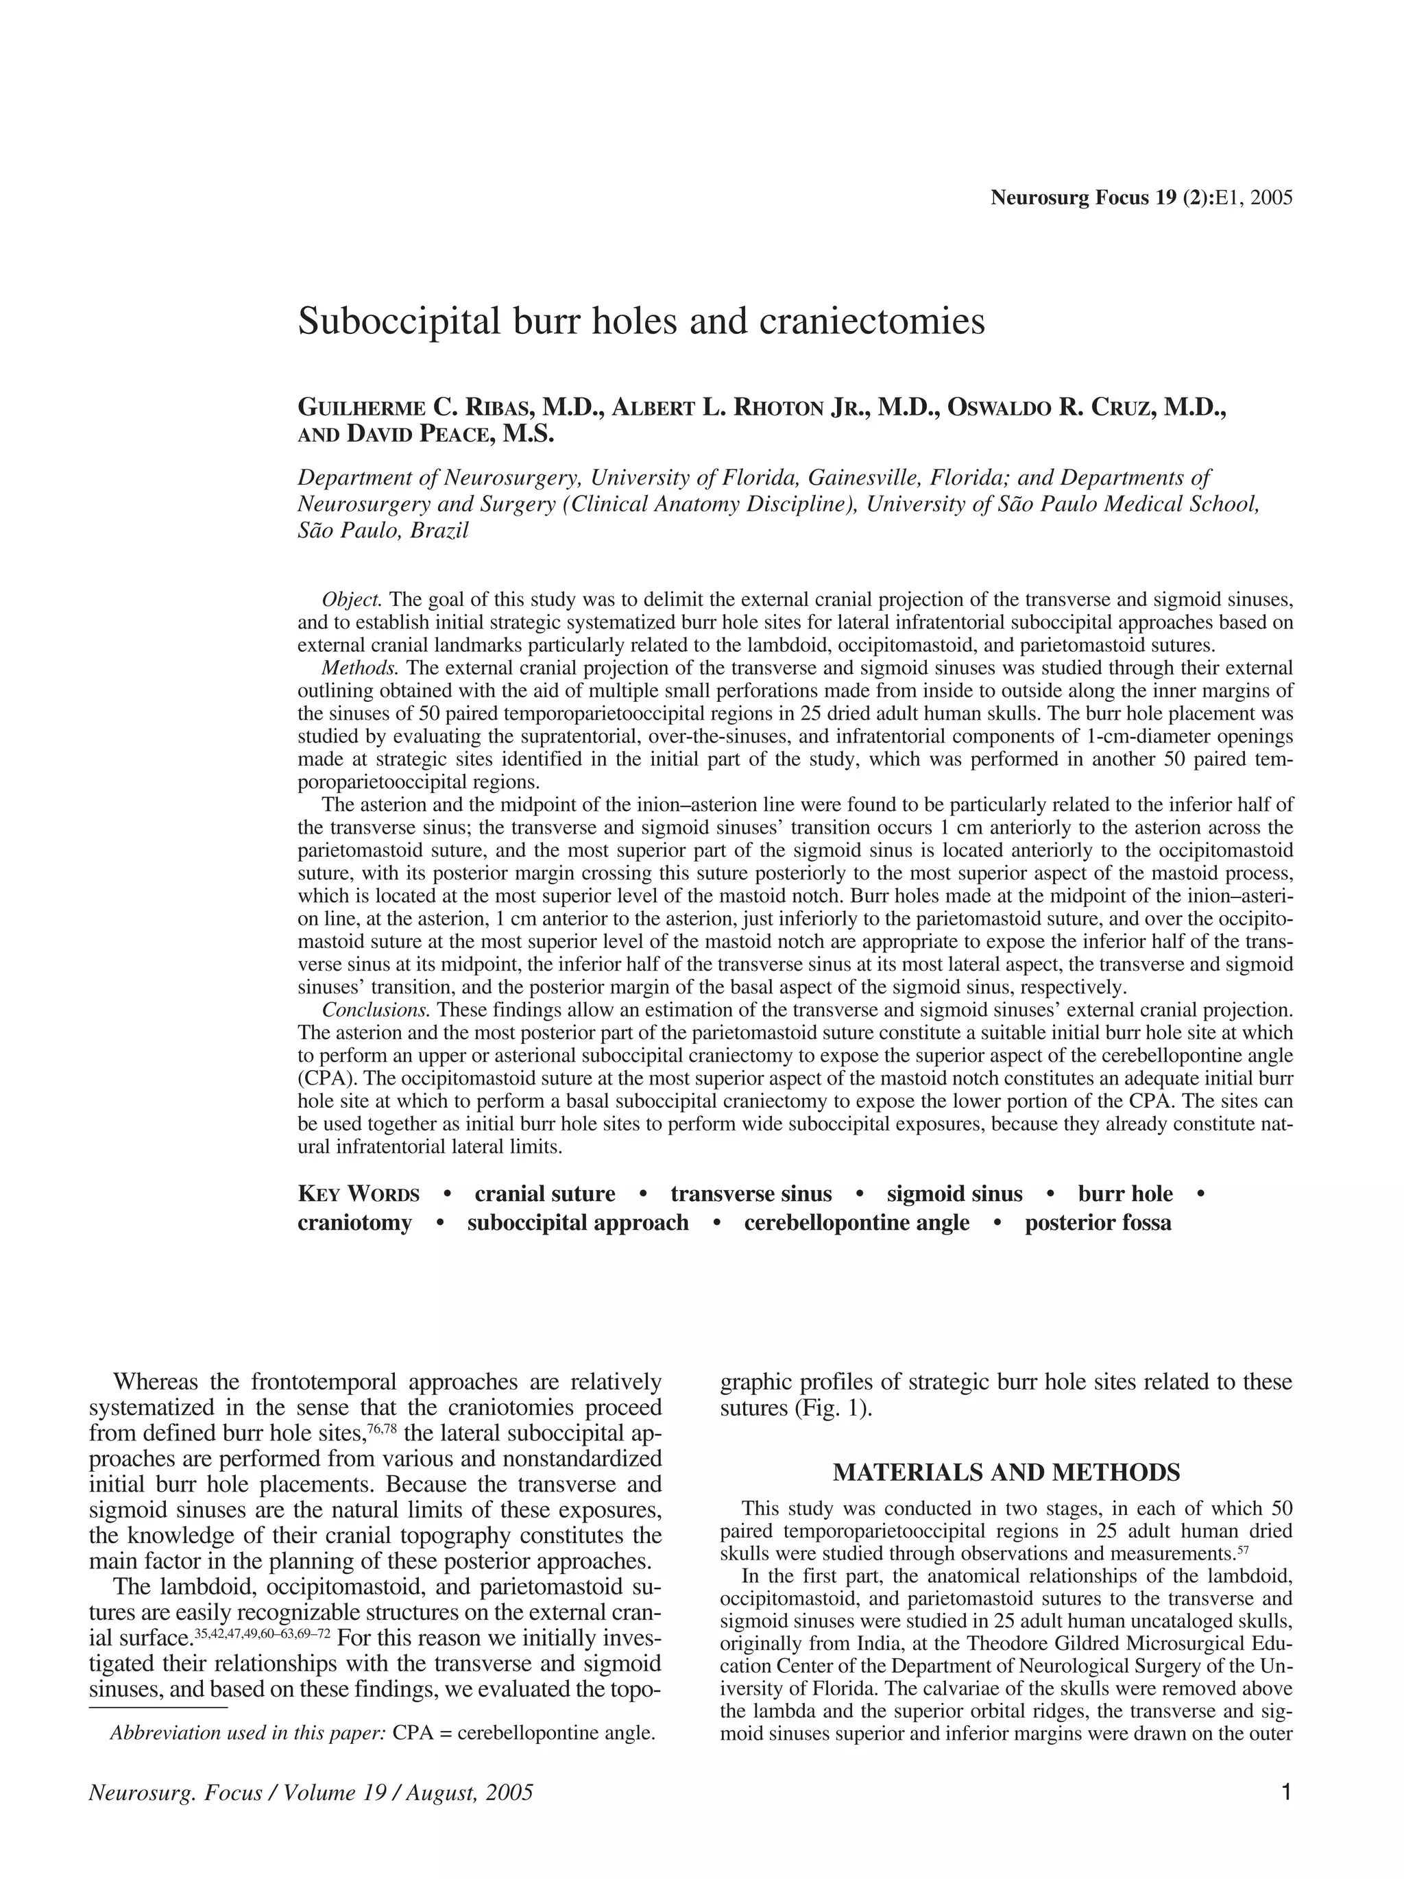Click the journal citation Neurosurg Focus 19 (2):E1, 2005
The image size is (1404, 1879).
click(1141, 199)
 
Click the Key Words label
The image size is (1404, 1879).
click(359, 1194)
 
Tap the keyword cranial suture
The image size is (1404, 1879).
click(544, 1194)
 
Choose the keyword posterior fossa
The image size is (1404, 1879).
click(1098, 1223)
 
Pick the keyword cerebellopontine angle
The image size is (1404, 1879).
click(856, 1223)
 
